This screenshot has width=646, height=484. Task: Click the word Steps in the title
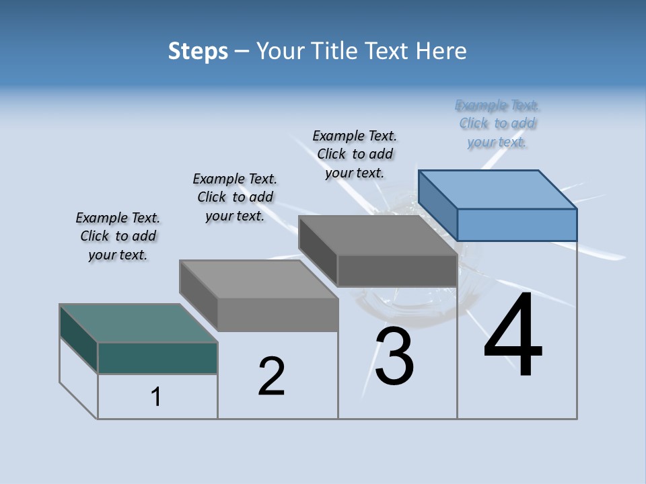(198, 51)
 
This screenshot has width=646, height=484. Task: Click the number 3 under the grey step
(394, 356)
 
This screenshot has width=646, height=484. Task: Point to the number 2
(272, 376)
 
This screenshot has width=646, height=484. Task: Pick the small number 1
(156, 397)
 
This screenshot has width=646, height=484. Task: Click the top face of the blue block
(498, 190)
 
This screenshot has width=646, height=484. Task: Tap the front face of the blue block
(517, 225)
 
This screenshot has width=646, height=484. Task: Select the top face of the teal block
(139, 323)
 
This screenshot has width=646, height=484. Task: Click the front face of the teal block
(157, 358)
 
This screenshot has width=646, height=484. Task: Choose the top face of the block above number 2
(258, 279)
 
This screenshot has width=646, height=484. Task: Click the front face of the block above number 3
(397, 271)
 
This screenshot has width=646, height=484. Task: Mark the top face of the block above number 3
(378, 235)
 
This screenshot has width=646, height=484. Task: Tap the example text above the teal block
(118, 236)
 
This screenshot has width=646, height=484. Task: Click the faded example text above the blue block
(497, 123)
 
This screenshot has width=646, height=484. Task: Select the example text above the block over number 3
(355, 154)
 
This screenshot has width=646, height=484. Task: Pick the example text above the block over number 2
(235, 197)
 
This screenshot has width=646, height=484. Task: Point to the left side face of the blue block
(438, 204)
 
